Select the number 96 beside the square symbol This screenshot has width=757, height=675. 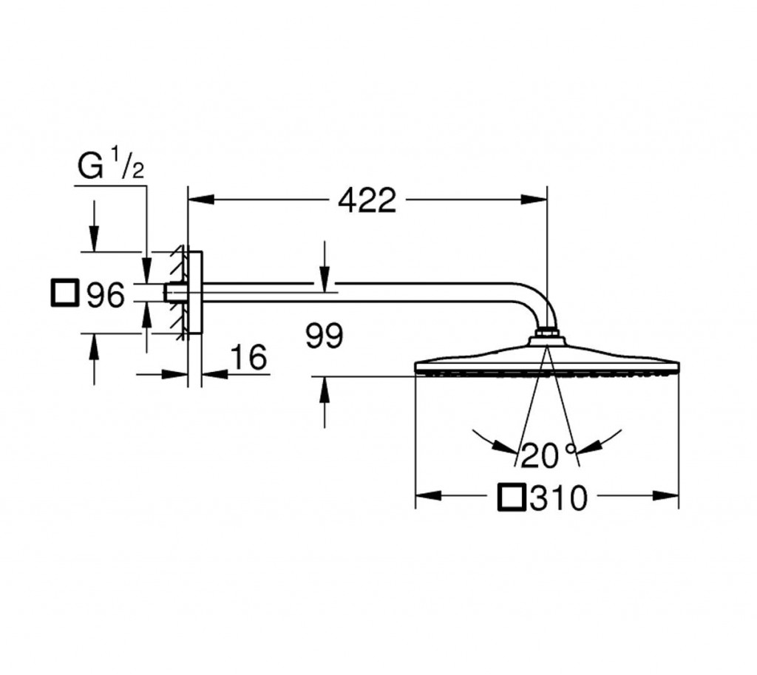pyautogui.click(x=105, y=294)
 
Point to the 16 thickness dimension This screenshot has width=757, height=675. pyautogui.click(x=248, y=357)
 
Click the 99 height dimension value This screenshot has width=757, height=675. pyautogui.click(x=325, y=336)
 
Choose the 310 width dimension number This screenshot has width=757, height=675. pyautogui.click(x=559, y=498)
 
